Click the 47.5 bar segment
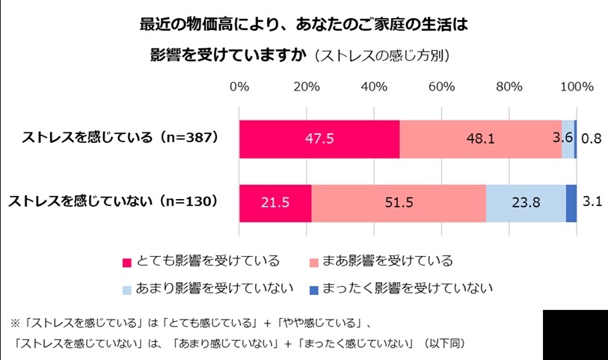pyautogui.click(x=319, y=138)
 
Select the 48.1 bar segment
pyautogui.click(x=480, y=138)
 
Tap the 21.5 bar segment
pyautogui.click(x=275, y=202)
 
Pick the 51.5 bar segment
pyautogui.click(x=399, y=202)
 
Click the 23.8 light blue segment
pyautogui.click(x=526, y=202)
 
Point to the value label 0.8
pyautogui.click(x=592, y=138)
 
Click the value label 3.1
pyautogui.click(x=592, y=202)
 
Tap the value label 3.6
pyautogui.click(x=562, y=138)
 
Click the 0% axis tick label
pyautogui.click(x=239, y=87)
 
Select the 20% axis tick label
pyautogui.click(x=307, y=87)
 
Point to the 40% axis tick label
pyautogui.click(x=374, y=87)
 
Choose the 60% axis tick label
pyautogui.click(x=441, y=87)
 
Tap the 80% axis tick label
pyautogui.click(x=509, y=87)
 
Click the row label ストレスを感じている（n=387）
pyautogui.click(x=120, y=138)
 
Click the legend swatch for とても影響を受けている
pyautogui.click(x=127, y=262)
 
